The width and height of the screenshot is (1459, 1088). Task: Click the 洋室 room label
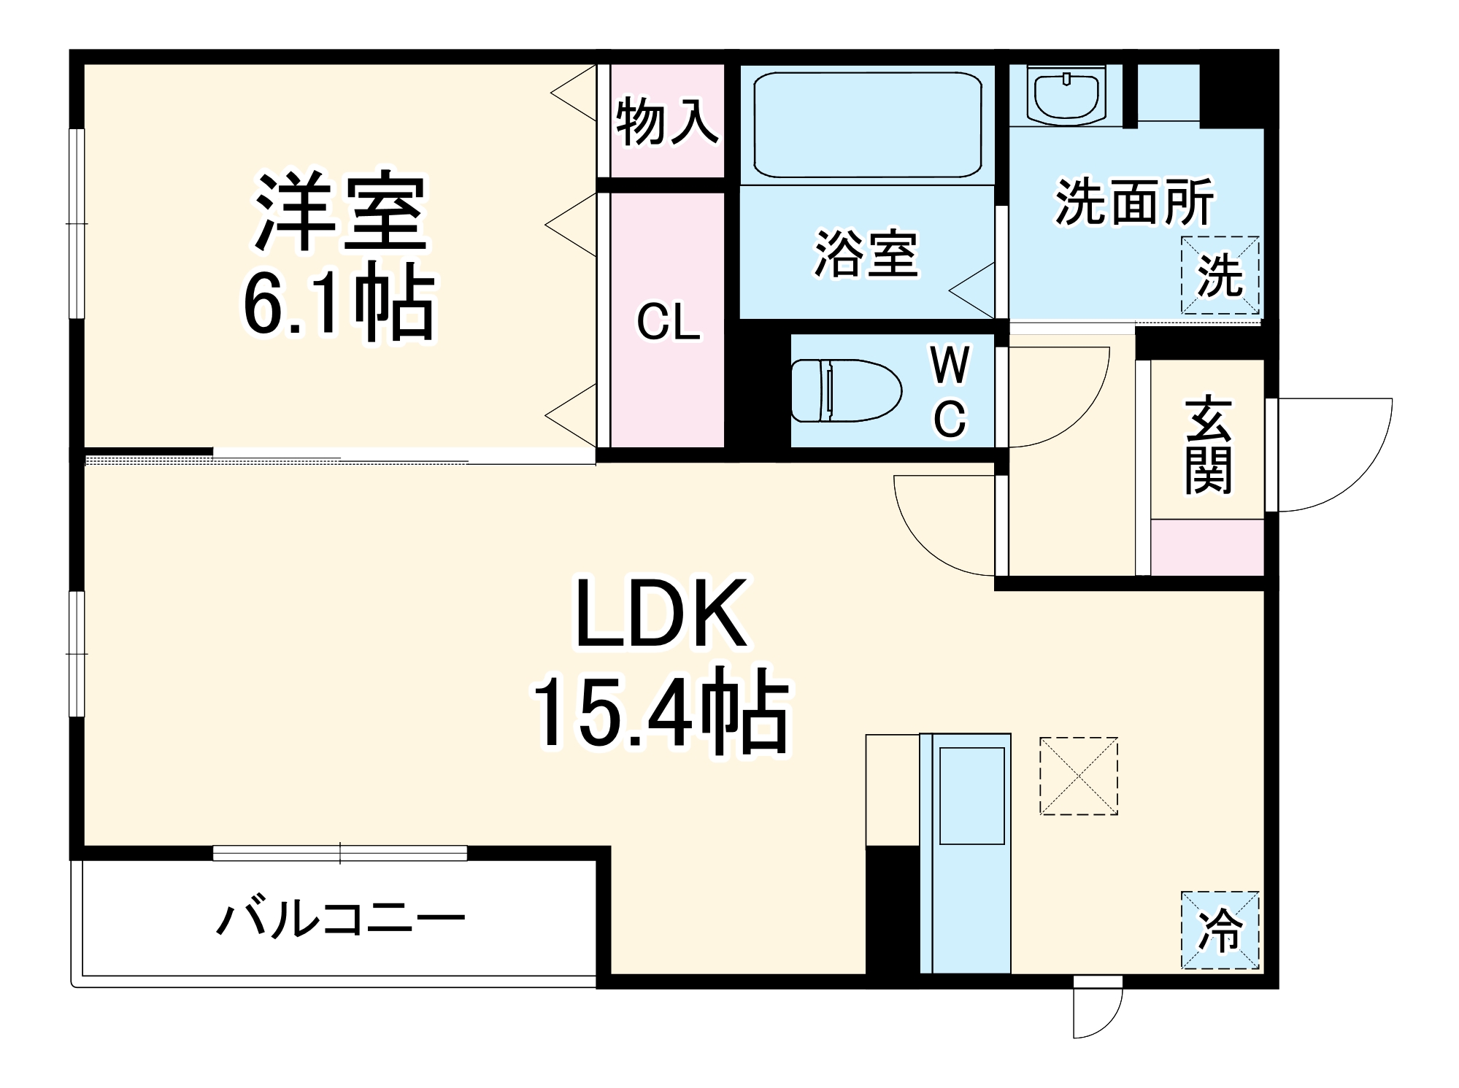(x=339, y=212)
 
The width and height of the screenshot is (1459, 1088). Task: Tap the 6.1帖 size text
(x=339, y=303)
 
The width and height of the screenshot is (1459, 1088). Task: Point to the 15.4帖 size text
(x=661, y=711)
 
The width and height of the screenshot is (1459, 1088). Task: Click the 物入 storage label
(x=666, y=122)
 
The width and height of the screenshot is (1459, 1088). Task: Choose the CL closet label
(x=668, y=322)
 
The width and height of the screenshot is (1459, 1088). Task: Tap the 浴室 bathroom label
(x=866, y=254)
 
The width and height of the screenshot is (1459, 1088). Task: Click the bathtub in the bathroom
(x=867, y=125)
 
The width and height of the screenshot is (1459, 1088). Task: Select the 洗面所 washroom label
(x=1134, y=201)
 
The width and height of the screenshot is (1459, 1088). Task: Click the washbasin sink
(x=1066, y=96)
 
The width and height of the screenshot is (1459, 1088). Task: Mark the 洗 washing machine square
(x=1220, y=276)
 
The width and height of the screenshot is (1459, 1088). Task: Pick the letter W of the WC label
(x=950, y=365)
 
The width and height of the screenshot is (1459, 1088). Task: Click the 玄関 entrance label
(x=1209, y=445)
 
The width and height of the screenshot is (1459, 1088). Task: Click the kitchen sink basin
(x=971, y=795)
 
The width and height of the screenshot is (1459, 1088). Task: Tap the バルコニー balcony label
(x=341, y=919)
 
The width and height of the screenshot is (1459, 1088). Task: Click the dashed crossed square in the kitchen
(x=1078, y=776)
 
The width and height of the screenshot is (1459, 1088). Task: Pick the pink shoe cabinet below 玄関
(x=1207, y=547)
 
